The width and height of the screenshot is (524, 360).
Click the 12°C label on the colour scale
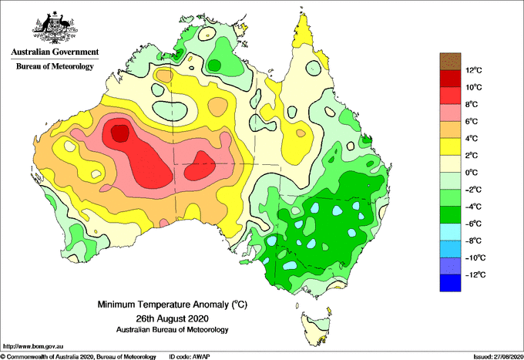coord(474,70)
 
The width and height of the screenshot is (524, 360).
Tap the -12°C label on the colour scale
coord(474,274)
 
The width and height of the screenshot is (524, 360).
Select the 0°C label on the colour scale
coord(472,173)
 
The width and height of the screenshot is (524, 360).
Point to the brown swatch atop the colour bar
coord(450,61)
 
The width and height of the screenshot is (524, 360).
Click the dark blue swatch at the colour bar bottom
coord(450,283)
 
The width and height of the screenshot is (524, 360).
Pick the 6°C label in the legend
coord(472,121)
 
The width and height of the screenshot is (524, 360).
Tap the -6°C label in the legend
coord(473,224)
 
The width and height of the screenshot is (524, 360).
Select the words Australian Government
coord(55,52)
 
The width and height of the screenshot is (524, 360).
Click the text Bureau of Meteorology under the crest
coord(55,66)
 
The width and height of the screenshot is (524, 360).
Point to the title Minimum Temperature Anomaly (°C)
coord(172,304)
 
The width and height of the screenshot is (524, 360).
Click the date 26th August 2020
coord(172,318)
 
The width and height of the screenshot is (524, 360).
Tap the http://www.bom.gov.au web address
coord(32,347)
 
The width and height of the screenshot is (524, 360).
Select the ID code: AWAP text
coord(190,357)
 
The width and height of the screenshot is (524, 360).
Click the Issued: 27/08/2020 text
coord(499,357)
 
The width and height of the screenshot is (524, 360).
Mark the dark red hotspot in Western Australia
coord(119,133)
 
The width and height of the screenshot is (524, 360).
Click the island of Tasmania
coord(316,328)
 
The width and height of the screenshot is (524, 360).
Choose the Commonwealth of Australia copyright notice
coord(78,357)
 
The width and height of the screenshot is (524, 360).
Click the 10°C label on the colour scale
coord(474,87)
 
